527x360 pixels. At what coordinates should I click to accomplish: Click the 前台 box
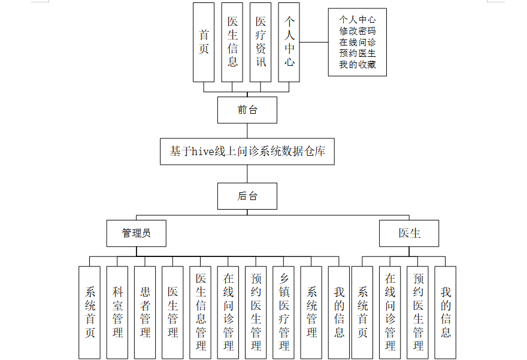point(247,110)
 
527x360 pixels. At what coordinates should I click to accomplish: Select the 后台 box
point(247,196)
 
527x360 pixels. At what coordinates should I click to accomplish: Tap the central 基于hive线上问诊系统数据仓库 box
point(247,152)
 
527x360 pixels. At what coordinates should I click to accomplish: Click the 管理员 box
point(136,233)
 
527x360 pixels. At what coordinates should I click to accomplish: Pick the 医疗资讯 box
point(261,42)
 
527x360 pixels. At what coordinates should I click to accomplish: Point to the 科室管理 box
point(117,312)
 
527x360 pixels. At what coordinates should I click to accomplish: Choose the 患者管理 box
point(145,312)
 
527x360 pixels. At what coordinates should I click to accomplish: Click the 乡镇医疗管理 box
point(284,312)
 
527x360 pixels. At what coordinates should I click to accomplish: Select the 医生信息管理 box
point(201,312)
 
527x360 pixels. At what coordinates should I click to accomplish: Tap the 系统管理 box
point(311,312)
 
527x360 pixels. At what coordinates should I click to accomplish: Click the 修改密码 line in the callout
point(358,31)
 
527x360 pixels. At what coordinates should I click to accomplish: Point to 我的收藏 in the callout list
point(358,65)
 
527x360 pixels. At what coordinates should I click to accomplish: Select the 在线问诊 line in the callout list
point(358,43)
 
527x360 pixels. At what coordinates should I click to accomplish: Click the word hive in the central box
point(203,152)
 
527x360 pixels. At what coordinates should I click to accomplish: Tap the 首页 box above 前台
point(204,42)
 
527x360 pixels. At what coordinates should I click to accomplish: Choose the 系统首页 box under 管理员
point(90,312)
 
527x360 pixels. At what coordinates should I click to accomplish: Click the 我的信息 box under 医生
point(446,312)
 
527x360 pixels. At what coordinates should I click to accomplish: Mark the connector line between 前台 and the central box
point(247,131)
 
